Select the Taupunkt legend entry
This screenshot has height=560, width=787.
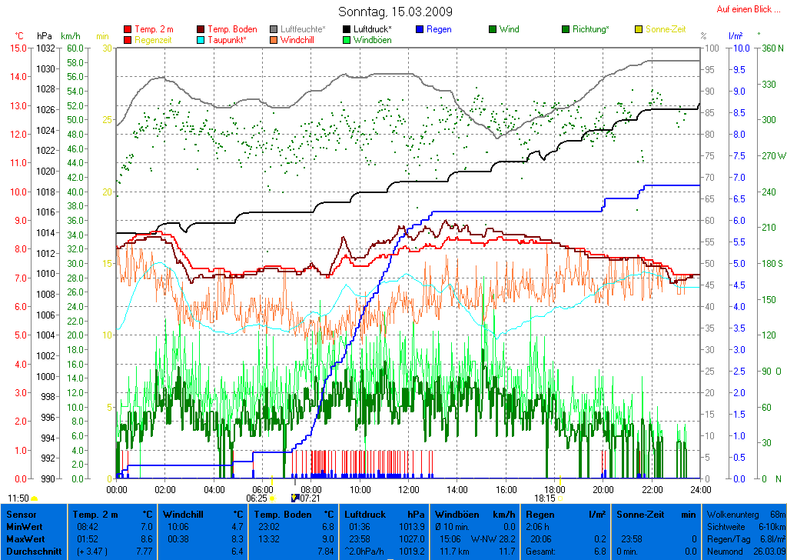(227, 39)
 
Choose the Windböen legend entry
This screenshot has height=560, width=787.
(372, 39)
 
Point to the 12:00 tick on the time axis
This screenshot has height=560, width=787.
(409, 489)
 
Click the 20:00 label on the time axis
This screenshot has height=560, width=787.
(603, 489)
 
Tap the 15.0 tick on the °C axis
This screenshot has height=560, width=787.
(18, 48)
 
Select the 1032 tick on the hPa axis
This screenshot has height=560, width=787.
(45, 48)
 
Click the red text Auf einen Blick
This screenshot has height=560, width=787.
(746, 9)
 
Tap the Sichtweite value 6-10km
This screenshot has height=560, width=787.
(769, 527)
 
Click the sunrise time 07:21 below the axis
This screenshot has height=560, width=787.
(310, 498)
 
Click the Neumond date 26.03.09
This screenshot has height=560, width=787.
(769, 552)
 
